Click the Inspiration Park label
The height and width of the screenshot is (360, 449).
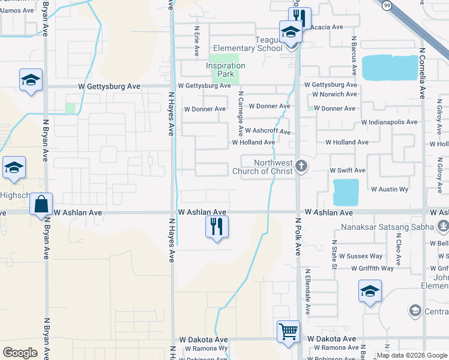coord(225,70)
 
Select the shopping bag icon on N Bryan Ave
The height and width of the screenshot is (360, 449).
coord(41,204)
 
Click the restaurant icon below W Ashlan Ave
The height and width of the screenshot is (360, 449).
coord(217,226)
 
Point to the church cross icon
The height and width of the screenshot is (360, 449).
coord(301,165)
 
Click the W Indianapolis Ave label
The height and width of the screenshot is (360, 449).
coord(389,122)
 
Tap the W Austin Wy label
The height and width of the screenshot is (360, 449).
coord(389,189)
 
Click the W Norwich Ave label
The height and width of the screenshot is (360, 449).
coord(334,94)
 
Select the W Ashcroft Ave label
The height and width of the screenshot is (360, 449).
coord(268,130)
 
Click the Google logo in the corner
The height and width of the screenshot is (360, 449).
coord(20,353)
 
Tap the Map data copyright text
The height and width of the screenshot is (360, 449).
coord(412,355)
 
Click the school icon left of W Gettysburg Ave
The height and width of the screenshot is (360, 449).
coord(29,80)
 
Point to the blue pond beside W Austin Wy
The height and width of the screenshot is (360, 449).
coord(346,192)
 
